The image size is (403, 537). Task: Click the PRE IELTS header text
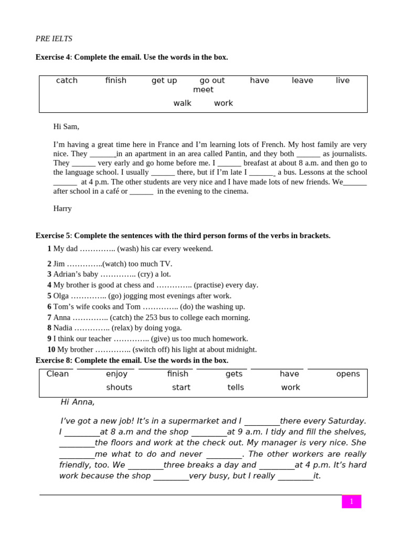pos(54,39)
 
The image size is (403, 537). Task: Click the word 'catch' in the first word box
pos(67,80)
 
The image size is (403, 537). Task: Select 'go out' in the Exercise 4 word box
pos(212,80)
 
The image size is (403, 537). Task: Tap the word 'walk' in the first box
pos(182,103)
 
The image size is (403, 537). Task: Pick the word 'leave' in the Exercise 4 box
pos(302,80)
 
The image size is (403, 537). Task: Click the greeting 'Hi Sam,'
pos(66,126)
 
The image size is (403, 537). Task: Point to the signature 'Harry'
pos(62,209)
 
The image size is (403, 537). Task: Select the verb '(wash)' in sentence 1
pos(128,249)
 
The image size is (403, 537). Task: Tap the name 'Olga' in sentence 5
pos(62,296)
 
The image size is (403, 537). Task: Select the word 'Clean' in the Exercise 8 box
pos(58,374)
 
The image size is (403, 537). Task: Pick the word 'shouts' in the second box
pos(119,388)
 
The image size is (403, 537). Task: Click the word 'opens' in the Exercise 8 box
pos(348,374)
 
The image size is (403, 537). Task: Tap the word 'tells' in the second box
pos(236,388)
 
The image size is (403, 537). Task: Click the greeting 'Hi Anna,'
pos(78,402)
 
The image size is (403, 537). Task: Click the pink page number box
pos(351,501)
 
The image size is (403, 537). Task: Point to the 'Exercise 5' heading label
pos(52,236)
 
